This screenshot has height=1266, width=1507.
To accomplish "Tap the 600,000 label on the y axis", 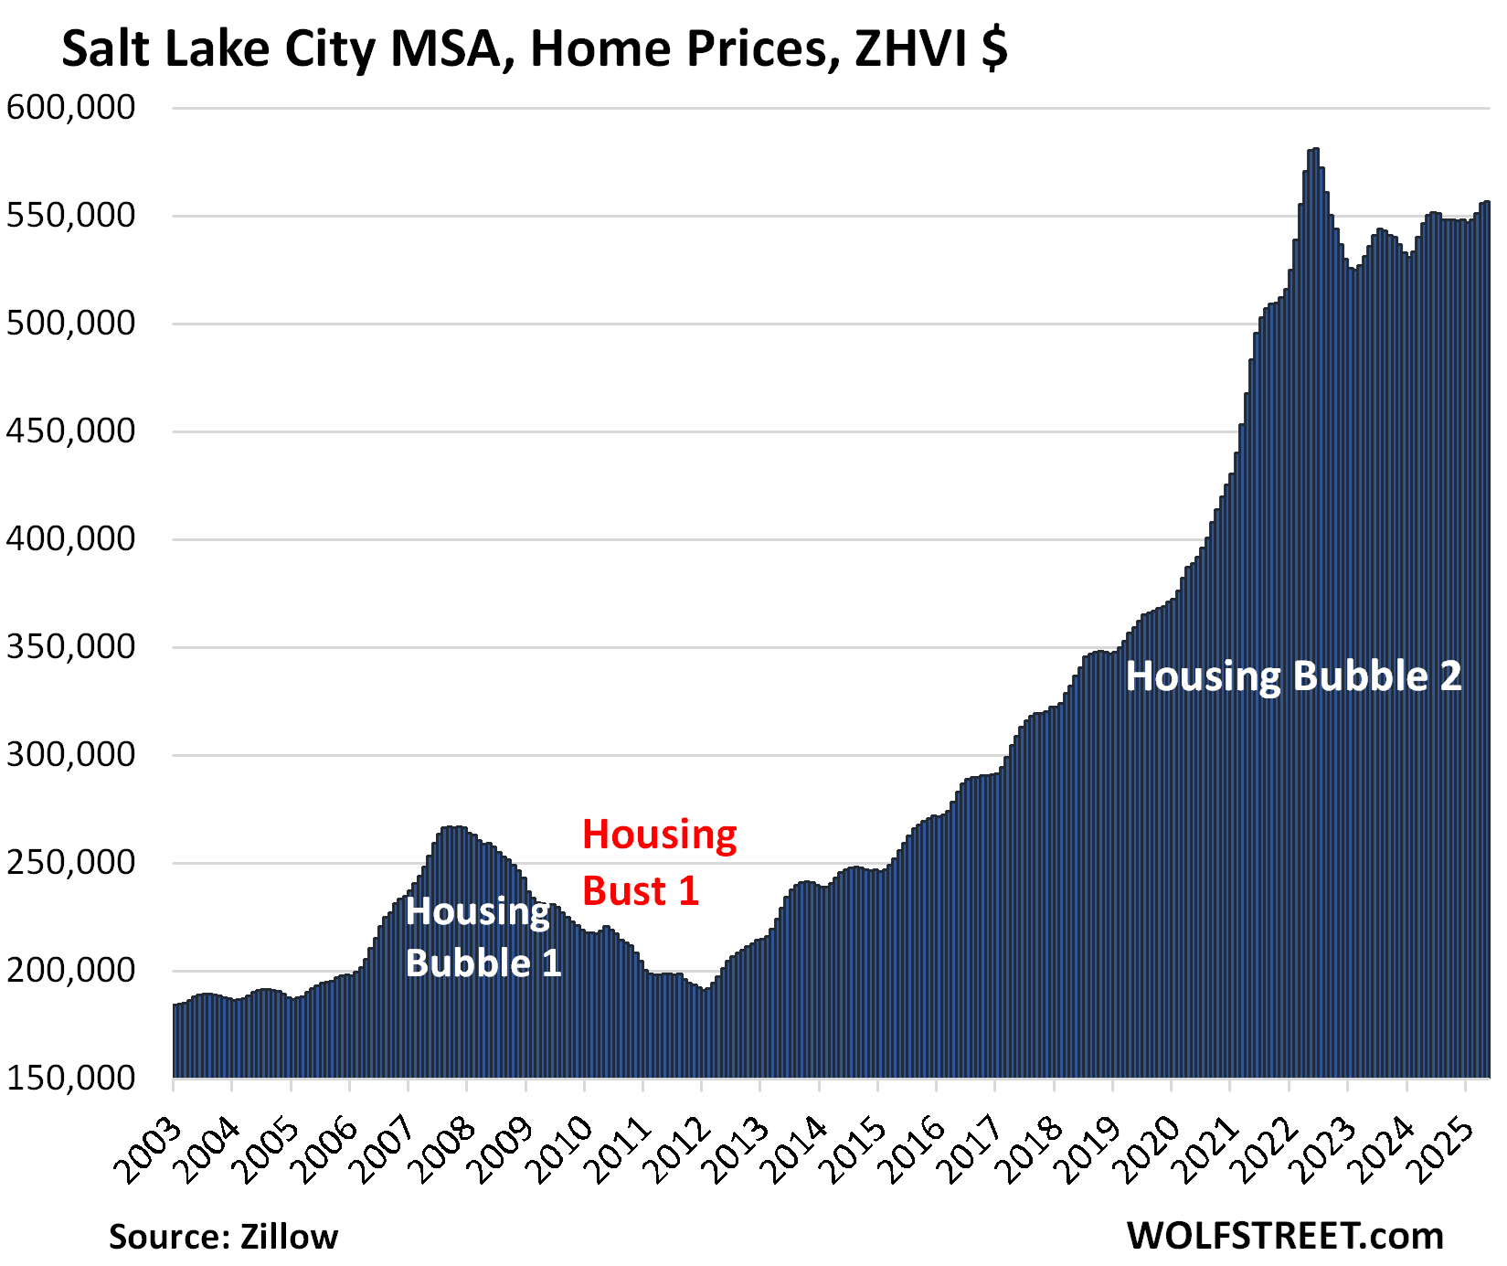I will (x=70, y=108).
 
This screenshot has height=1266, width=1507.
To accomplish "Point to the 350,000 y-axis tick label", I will (x=70, y=647).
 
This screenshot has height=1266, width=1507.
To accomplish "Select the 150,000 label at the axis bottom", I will (x=70, y=1079).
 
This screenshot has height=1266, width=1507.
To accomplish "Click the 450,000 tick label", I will (x=70, y=431).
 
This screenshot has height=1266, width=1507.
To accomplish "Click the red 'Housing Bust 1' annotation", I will (x=659, y=863).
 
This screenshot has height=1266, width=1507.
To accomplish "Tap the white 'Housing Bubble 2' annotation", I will (x=1293, y=677).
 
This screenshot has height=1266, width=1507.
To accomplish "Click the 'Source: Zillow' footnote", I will (x=223, y=1237).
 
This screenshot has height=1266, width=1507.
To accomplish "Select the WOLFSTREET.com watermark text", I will (x=1285, y=1236).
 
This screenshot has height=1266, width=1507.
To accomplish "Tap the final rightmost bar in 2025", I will (x=1487, y=203).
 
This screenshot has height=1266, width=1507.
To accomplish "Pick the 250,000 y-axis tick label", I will (x=70, y=863).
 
